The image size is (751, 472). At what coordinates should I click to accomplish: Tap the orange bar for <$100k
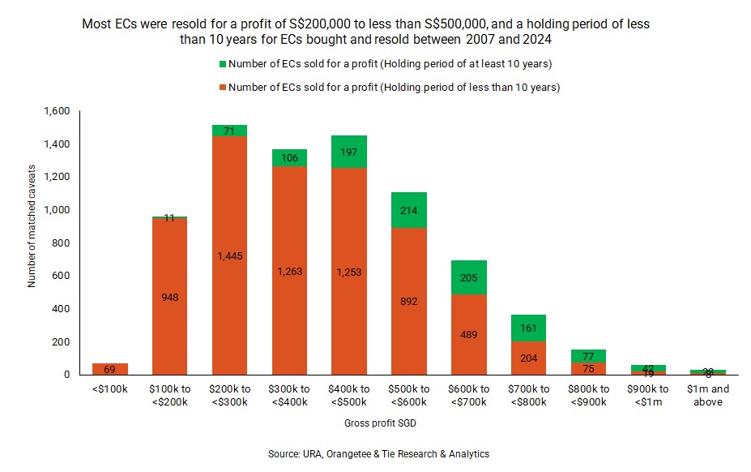click(110, 369)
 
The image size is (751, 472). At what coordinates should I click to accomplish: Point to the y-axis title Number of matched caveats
click(32, 243)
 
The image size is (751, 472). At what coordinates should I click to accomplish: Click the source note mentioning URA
click(378, 454)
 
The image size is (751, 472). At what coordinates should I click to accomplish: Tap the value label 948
click(170, 297)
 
